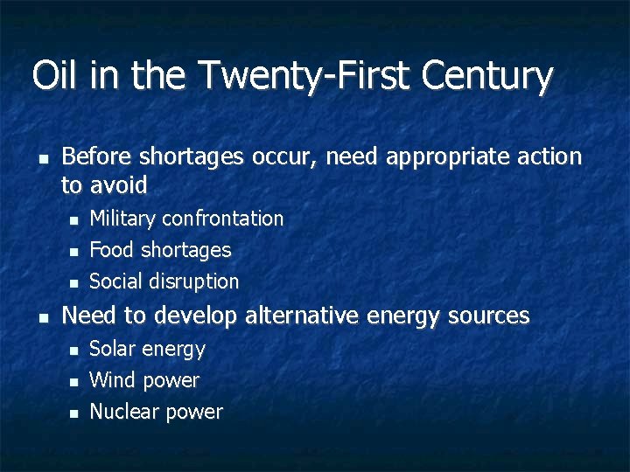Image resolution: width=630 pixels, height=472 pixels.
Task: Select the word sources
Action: [491, 316]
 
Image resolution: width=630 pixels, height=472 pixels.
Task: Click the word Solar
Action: [113, 349]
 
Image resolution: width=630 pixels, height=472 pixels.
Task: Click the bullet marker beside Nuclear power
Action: [74, 413]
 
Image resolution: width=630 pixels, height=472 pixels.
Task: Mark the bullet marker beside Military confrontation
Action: [74, 219]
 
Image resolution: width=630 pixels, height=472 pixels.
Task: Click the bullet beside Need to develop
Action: [42, 316]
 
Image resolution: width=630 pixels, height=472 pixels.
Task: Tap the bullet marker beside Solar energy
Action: [74, 350]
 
